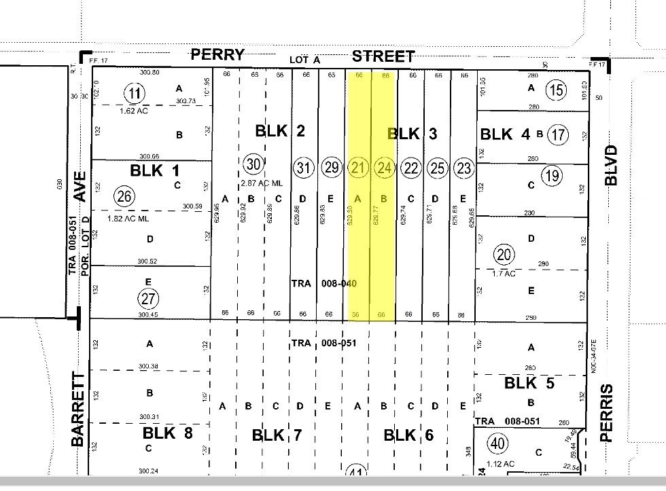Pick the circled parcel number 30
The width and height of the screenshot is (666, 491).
(253, 164)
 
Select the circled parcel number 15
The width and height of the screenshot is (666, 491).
(557, 90)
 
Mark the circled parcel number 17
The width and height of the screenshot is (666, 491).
(558, 135)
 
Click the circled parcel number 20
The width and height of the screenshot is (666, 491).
(504, 255)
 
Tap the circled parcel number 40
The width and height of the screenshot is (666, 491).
(498, 443)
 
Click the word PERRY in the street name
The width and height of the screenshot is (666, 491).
(217, 56)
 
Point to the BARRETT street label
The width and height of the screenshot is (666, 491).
(79, 409)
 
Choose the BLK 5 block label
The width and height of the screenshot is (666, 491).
(529, 384)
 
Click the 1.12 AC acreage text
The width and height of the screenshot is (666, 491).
(501, 465)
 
